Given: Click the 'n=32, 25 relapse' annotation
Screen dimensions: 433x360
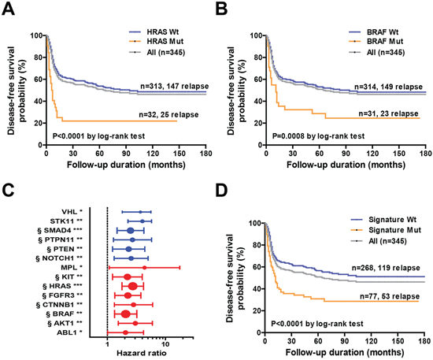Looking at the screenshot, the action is point(168,114).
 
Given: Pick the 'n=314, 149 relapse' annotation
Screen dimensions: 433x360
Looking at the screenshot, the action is point(389,87).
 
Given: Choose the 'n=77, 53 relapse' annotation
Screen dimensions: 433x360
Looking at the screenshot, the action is point(390,296).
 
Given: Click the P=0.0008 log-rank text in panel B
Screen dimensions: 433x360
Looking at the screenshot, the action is point(318,136).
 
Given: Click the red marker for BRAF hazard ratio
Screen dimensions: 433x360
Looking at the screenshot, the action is point(126,314).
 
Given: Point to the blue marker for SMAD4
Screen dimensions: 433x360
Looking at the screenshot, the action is point(131,231).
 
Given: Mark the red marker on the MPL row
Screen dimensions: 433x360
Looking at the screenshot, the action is point(144,268).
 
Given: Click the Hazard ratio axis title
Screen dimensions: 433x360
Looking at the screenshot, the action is point(142,353).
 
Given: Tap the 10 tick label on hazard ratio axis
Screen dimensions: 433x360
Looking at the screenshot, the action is point(165,344).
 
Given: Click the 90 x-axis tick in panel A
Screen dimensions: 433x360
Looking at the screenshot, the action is point(126,154).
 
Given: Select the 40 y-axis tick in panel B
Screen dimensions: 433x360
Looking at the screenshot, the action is point(259,102).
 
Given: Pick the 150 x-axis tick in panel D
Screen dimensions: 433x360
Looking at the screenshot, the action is point(398,341).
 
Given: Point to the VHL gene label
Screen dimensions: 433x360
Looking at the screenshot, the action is point(69,212).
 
